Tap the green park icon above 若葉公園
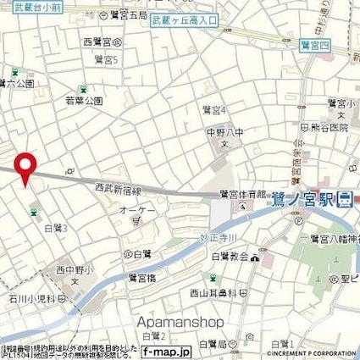(x=82, y=89)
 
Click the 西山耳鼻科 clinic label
(x=223, y=293)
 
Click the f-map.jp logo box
(x=166, y=350)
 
